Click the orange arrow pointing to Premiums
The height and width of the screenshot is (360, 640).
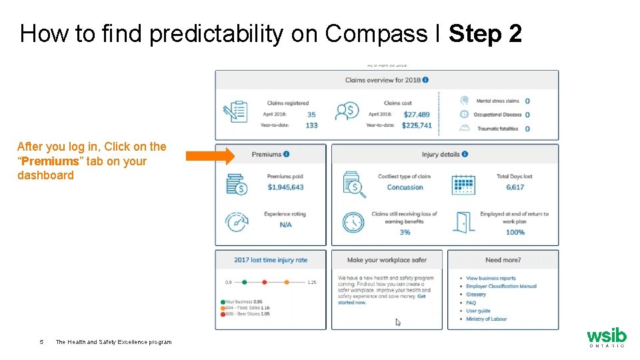(x=210, y=156)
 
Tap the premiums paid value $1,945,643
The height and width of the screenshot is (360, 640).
(x=285, y=187)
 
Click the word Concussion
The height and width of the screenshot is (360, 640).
(x=405, y=187)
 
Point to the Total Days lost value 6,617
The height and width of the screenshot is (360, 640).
(x=515, y=187)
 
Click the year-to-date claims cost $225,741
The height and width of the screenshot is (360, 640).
(x=417, y=125)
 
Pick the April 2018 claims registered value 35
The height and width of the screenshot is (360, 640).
(x=311, y=115)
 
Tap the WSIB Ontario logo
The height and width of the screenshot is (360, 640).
(x=606, y=337)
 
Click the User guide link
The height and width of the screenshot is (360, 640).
(x=478, y=311)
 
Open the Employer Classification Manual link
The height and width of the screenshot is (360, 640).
(x=501, y=286)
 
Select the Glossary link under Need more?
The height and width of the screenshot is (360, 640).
(x=476, y=294)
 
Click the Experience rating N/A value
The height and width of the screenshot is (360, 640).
(x=285, y=225)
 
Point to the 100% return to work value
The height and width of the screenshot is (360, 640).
(x=515, y=232)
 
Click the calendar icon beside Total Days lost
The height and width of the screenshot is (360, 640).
(x=463, y=185)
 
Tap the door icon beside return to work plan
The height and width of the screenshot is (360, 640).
(x=463, y=222)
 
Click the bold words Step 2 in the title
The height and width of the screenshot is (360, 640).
(x=485, y=34)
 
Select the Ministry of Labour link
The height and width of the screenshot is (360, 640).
(x=486, y=319)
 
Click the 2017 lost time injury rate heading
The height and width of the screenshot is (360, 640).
(x=271, y=260)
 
